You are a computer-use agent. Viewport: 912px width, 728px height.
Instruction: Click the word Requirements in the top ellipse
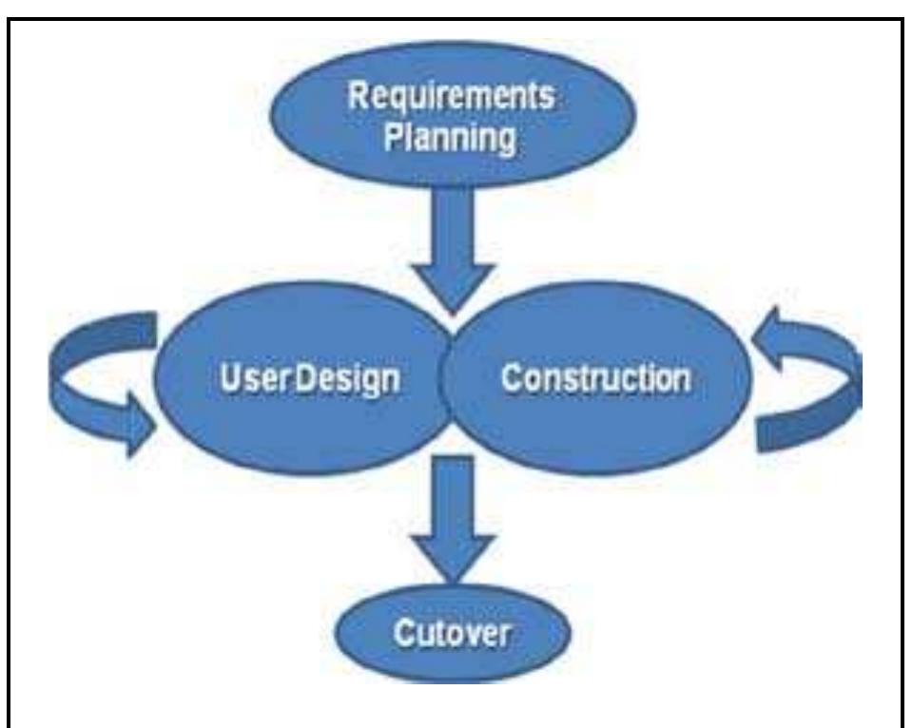[x=451, y=95]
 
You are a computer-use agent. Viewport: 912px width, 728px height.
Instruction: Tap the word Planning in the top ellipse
[x=450, y=138]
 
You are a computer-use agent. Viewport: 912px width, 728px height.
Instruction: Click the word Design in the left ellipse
[x=348, y=380]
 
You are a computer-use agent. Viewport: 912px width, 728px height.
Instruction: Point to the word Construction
[x=596, y=378]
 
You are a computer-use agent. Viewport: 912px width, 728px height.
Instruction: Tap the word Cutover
[x=452, y=633]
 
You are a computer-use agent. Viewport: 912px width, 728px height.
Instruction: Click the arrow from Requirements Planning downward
[x=453, y=250]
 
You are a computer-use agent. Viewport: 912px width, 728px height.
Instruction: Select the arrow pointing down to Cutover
[x=453, y=519]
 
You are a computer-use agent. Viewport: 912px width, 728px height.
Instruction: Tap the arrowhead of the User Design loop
[x=140, y=425]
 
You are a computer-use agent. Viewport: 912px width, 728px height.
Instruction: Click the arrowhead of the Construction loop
[x=766, y=338]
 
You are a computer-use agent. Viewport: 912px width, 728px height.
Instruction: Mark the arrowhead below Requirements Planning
[x=453, y=288]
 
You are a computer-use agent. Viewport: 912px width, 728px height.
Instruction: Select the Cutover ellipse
[x=453, y=633]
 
